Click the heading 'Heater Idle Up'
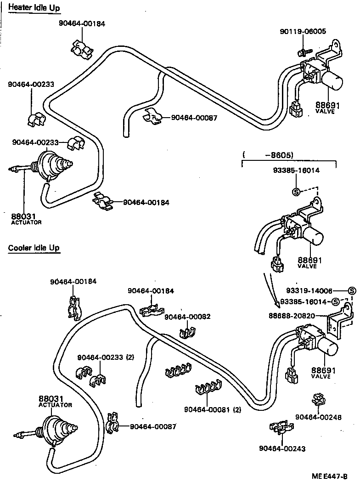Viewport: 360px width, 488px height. pos(34,8)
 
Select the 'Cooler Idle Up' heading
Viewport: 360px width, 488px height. pos(34,248)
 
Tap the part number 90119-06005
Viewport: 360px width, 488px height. pos(303,32)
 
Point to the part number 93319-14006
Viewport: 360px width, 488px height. pos(309,291)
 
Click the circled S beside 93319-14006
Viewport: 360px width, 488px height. pos(352,291)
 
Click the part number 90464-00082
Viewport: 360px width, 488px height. pos(187,317)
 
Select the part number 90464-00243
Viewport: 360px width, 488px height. pos(282,448)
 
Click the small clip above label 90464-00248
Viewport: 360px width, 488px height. pos(318,399)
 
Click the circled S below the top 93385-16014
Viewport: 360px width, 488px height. pos(296,192)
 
